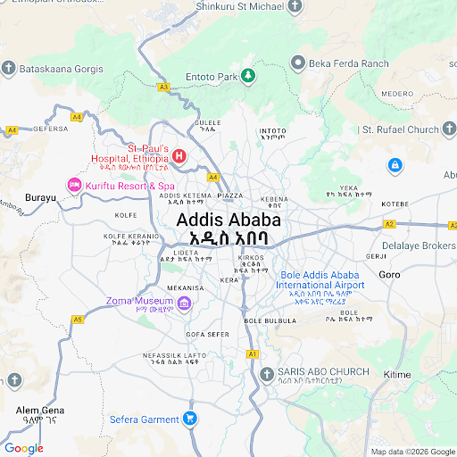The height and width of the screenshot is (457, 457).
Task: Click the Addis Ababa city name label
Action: tap(228, 220)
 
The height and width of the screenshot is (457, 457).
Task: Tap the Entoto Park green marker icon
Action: tap(251, 77)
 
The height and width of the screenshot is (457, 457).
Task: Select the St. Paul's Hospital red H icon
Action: tap(179, 156)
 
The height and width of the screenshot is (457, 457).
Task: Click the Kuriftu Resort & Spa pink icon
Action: tap(74, 185)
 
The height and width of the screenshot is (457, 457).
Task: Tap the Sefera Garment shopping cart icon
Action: tap(190, 418)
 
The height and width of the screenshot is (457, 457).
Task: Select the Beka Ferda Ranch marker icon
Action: tap(298, 63)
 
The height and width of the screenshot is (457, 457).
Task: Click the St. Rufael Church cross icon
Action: tap(350, 129)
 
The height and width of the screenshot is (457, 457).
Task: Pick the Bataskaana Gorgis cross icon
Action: tap(8, 68)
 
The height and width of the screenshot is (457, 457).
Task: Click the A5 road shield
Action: tap(78, 319)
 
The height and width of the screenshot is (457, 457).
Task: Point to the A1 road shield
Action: tap(253, 354)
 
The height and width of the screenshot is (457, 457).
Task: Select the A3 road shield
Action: tap(163, 87)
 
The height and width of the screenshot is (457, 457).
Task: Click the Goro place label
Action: tap(389, 274)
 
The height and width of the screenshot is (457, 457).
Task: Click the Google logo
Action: tap(23, 448)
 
